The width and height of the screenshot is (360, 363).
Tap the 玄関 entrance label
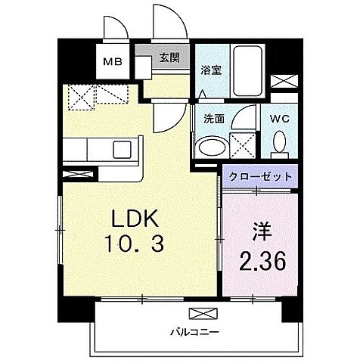coord(169,57)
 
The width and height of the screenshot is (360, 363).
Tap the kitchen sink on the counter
coord(119,147)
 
